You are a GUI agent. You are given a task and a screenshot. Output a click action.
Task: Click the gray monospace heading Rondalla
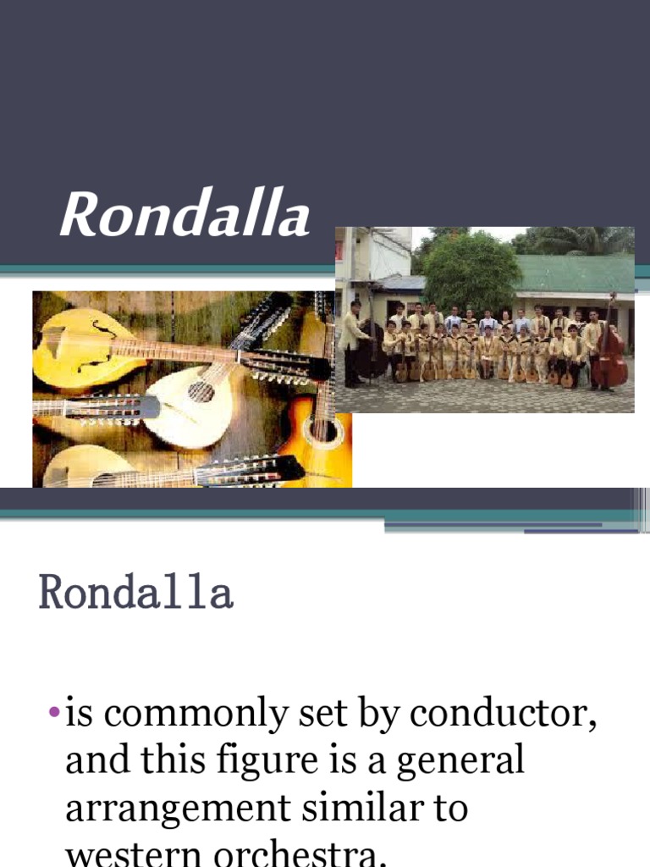click(x=135, y=594)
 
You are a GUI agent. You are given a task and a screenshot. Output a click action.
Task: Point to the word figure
click(x=282, y=761)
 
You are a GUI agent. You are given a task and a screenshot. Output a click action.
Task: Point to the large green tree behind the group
click(x=471, y=271)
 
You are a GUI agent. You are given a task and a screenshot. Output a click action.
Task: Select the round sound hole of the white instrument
click(x=200, y=391)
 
